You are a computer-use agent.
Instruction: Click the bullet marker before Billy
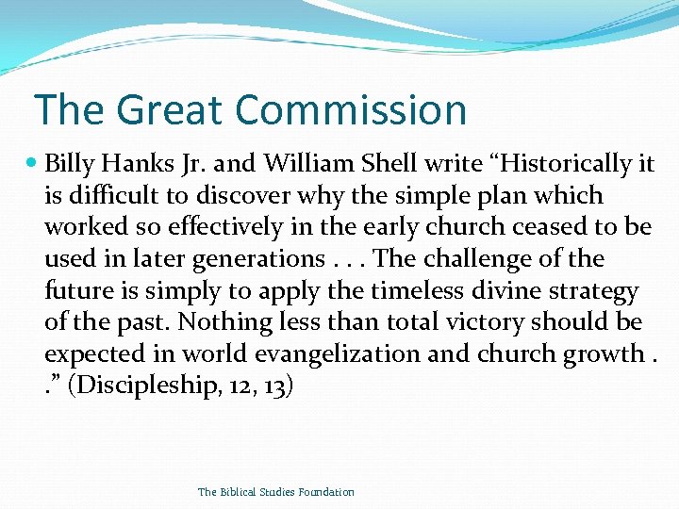(34, 164)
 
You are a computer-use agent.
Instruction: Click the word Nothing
(219, 322)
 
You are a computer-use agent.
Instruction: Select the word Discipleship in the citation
(148, 386)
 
